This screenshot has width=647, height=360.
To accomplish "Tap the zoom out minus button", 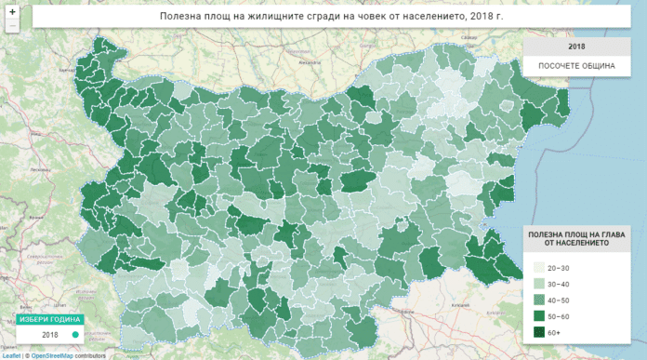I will (x=11, y=26).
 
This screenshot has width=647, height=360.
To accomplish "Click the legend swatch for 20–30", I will (x=538, y=267).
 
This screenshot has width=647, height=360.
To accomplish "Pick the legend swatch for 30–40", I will (x=538, y=283).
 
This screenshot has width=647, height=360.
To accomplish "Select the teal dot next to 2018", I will (x=74, y=334).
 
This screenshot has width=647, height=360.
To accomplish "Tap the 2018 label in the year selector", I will (x=51, y=334).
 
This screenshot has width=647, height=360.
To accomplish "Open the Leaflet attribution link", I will (x=10, y=355).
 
